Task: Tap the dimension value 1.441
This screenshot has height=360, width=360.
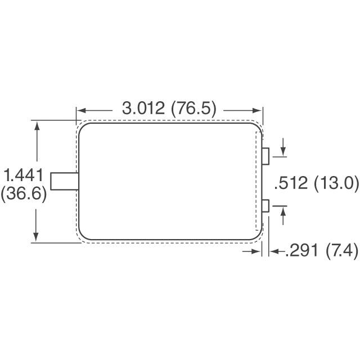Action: pos(23,176)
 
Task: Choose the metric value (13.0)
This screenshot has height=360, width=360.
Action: pos(336,183)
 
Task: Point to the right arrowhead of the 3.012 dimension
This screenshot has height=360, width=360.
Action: pos(259,110)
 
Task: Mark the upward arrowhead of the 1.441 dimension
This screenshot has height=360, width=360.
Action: pos(37,124)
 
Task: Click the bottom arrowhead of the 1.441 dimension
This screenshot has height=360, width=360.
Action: pos(37,238)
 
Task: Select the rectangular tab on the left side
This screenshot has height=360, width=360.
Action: pos(63,182)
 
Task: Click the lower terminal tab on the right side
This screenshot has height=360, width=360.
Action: pos(267,207)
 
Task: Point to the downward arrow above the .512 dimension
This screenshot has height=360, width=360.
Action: pos(282,152)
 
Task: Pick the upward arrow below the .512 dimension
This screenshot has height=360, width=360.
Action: pos(282,211)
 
